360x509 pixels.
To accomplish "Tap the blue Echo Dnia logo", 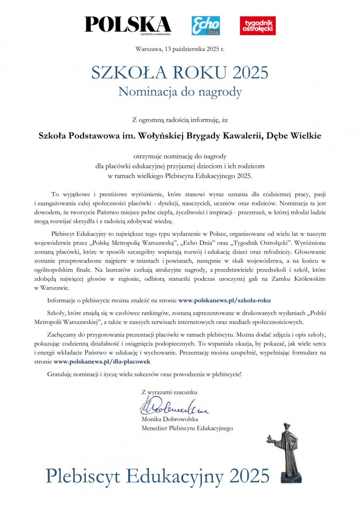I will [x=205, y=25].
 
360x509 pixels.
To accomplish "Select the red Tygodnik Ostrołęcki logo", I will [x=258, y=25].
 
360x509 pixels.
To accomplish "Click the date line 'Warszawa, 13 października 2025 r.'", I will [x=180, y=49].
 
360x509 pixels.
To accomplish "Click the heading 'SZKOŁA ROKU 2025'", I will [x=180, y=73].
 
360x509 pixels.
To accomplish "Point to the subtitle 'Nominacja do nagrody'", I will [x=180, y=91].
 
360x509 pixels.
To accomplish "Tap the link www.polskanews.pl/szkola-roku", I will [x=225, y=300].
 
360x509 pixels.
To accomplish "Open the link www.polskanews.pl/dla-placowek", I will [x=102, y=361].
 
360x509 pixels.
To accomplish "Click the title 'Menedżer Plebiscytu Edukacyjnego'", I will [x=187, y=428].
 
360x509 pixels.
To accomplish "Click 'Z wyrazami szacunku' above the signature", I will [x=169, y=392].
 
